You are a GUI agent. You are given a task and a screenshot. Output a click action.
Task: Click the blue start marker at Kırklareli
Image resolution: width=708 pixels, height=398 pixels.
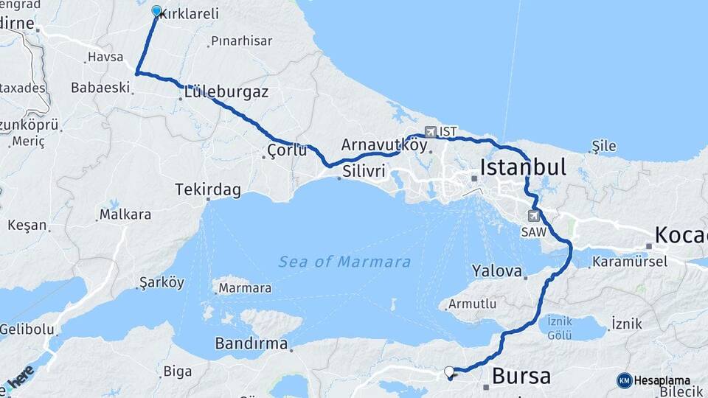click(156, 11)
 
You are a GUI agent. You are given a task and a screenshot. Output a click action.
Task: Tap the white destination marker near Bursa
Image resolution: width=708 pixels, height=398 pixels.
click(449, 371)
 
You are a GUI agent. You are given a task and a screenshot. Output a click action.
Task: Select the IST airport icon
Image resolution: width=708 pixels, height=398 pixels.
click(431, 132)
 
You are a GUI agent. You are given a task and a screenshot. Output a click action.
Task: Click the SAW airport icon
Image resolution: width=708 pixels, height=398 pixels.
click(533, 216)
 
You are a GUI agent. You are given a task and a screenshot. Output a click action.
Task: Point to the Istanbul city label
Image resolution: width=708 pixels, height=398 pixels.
click(523, 167)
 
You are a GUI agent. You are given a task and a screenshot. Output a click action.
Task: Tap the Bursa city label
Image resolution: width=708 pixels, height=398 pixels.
click(521, 377)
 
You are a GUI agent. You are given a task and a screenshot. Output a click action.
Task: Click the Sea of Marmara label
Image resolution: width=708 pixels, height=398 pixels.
click(344, 262)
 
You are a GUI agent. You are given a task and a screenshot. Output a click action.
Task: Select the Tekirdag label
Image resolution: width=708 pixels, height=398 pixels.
click(208, 190)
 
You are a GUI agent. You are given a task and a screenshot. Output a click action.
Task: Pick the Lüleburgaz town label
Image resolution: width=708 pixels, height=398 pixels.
click(226, 93)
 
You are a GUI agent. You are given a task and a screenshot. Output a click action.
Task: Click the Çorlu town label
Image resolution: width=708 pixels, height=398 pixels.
click(287, 151)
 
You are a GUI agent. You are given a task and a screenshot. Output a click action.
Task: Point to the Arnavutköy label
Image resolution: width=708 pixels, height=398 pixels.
click(383, 144)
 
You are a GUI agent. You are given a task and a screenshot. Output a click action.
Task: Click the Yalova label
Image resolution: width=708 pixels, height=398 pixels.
click(497, 270)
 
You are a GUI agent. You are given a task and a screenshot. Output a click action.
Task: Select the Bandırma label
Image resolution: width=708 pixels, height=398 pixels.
click(251, 343)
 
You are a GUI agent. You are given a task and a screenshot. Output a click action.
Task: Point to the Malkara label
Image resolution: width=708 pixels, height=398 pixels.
click(125, 214)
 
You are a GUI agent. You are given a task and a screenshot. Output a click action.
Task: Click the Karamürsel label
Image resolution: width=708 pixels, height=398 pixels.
click(630, 262)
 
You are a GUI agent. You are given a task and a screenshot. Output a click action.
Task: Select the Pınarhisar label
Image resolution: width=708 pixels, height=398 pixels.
click(241, 41)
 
